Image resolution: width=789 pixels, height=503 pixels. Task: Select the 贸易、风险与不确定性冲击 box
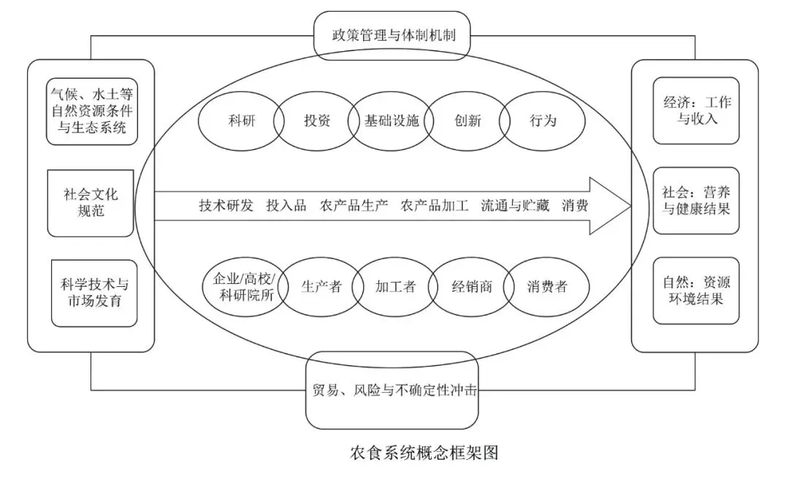coord(392,391)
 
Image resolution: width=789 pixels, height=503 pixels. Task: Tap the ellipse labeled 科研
coord(240,120)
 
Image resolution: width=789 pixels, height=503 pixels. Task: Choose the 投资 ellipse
coord(316,120)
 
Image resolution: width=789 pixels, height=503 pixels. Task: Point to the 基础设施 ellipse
coord(392,120)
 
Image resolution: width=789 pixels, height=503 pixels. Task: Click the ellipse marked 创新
coord(468,120)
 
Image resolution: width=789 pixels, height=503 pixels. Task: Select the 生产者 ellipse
coord(321,287)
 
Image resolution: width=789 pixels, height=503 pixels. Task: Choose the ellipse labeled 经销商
coord(471,287)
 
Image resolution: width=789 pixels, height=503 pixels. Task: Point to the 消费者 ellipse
coord(547,287)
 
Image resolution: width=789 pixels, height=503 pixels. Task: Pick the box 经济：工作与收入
coord(696,110)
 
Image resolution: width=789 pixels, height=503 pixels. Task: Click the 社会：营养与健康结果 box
coord(696,201)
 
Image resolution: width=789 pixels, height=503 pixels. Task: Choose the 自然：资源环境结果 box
coord(696,291)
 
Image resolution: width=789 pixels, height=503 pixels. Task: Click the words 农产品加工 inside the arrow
coord(434,206)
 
